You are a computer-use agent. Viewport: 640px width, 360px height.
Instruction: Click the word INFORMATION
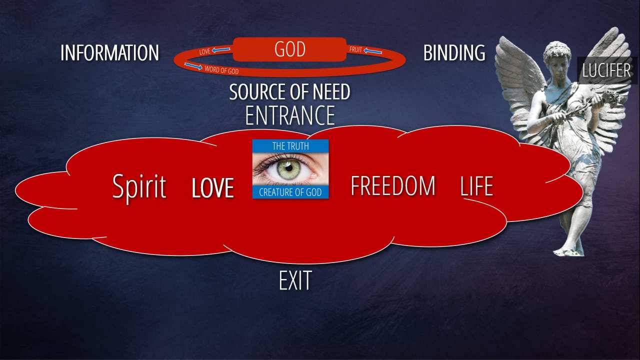click(109, 53)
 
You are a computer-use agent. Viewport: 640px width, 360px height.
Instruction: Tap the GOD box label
click(290, 49)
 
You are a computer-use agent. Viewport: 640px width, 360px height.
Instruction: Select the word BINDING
click(454, 53)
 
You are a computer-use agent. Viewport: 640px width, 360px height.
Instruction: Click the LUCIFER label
click(606, 70)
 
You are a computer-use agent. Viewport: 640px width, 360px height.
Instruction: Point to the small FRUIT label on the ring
click(355, 49)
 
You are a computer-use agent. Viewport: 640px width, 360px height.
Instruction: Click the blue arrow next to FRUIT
click(372, 50)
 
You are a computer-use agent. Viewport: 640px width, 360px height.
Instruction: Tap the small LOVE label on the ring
click(204, 51)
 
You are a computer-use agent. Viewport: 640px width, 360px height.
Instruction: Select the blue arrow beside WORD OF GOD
click(193, 65)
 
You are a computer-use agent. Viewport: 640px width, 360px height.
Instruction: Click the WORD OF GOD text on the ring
click(221, 70)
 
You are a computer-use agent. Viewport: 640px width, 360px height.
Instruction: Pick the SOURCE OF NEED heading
click(289, 92)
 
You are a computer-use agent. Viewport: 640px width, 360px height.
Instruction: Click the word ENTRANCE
click(289, 115)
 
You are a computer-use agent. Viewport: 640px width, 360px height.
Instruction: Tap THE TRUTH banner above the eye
click(290, 146)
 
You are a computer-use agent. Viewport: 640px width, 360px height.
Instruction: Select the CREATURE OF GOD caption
click(290, 192)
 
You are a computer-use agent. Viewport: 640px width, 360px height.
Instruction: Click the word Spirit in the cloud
click(139, 186)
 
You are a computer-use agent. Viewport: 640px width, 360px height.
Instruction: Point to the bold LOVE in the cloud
click(213, 188)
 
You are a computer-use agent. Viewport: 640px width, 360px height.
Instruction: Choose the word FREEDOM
click(392, 186)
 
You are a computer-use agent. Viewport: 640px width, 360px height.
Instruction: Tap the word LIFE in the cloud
click(476, 186)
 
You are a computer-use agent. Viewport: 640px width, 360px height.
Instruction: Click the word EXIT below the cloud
click(295, 281)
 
